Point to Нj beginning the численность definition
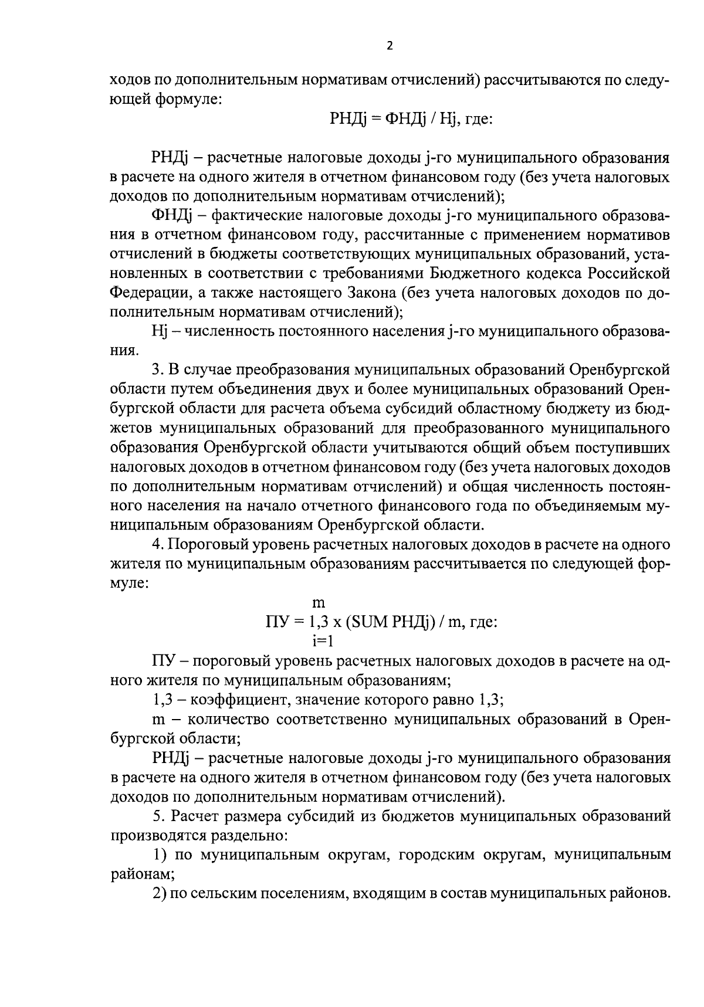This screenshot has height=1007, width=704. tap(160, 331)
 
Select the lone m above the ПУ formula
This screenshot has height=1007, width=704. tap(320, 602)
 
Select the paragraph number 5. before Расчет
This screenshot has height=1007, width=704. tap(157, 815)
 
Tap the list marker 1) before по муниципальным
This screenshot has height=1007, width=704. tap(158, 855)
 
